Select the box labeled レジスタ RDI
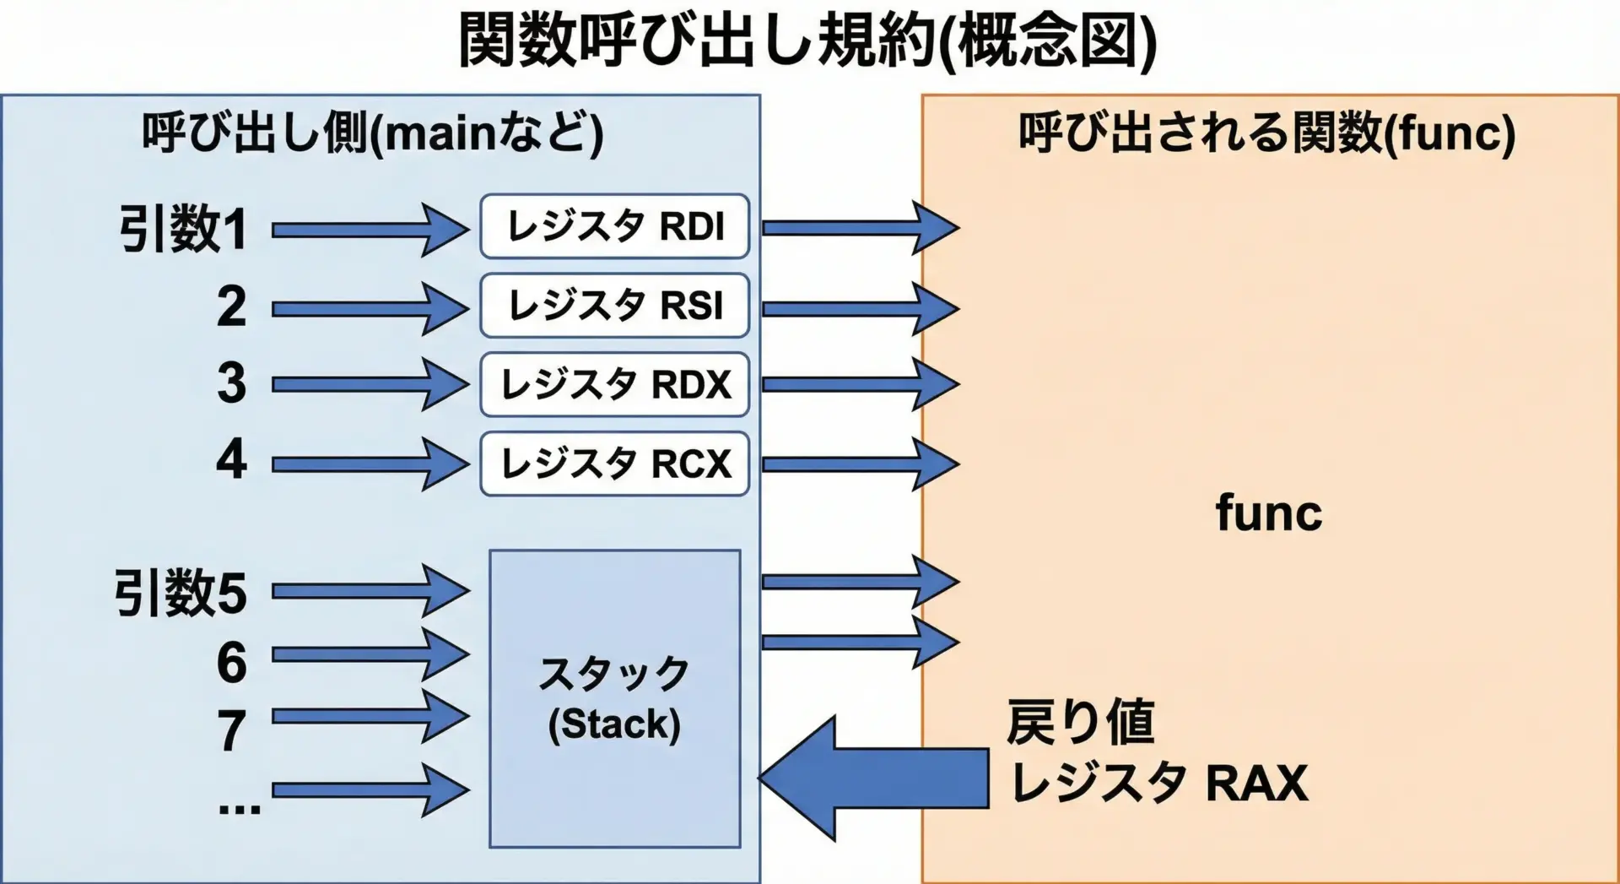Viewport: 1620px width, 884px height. (614, 226)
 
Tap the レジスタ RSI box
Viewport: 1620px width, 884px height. (614, 305)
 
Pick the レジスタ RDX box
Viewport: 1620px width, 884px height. (614, 384)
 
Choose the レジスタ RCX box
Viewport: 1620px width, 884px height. (614, 464)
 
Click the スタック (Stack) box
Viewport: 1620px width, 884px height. (614, 698)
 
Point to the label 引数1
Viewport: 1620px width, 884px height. (183, 229)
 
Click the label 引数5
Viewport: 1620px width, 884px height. (181, 593)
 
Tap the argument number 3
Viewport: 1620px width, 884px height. (232, 383)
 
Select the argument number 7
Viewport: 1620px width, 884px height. (232, 730)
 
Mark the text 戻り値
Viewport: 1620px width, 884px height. (1080, 723)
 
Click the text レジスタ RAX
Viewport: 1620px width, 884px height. (1158, 783)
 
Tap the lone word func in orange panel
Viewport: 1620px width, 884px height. (1268, 513)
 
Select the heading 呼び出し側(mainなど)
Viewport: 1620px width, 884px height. (372, 133)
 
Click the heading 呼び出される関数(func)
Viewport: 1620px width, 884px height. (1266, 133)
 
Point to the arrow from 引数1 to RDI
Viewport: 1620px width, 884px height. (369, 230)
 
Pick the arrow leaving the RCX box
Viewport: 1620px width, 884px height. (859, 464)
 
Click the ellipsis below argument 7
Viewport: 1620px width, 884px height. (239, 808)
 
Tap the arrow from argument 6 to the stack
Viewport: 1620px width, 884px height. (369, 654)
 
